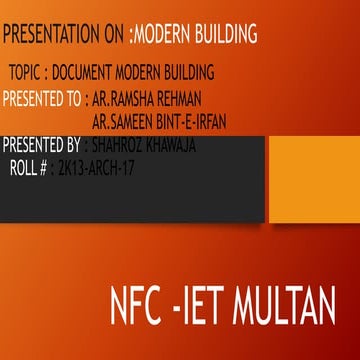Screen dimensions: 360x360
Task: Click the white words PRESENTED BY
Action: tap(41, 145)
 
